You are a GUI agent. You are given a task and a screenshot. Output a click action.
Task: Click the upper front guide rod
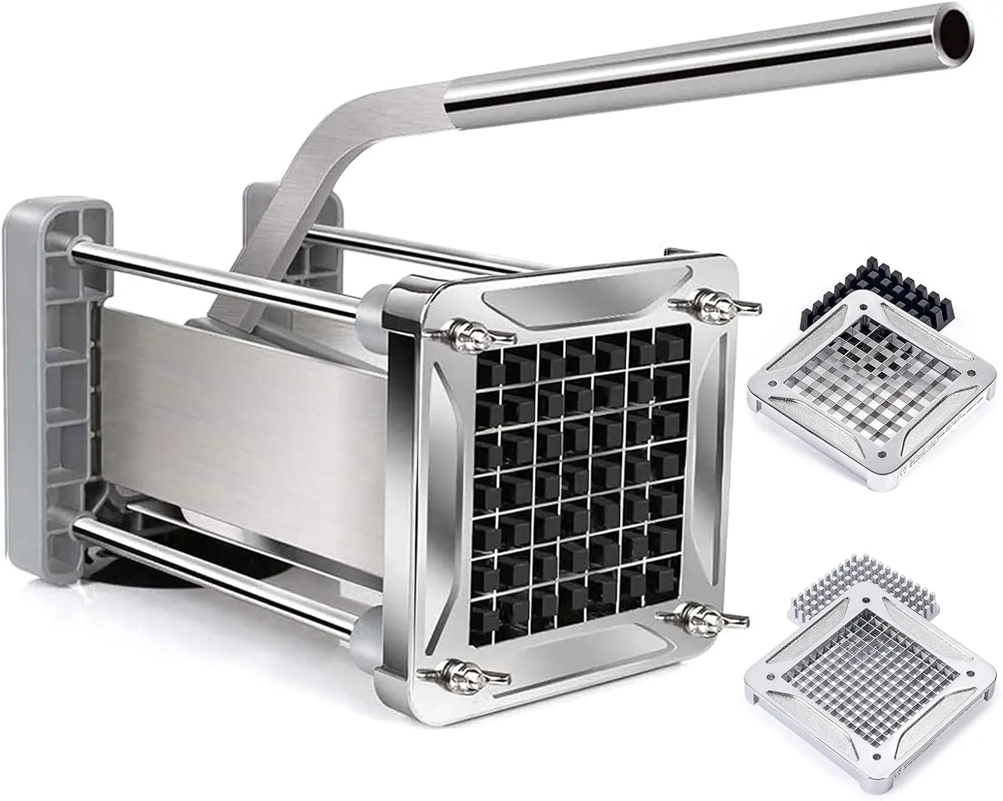(x=221, y=273)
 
